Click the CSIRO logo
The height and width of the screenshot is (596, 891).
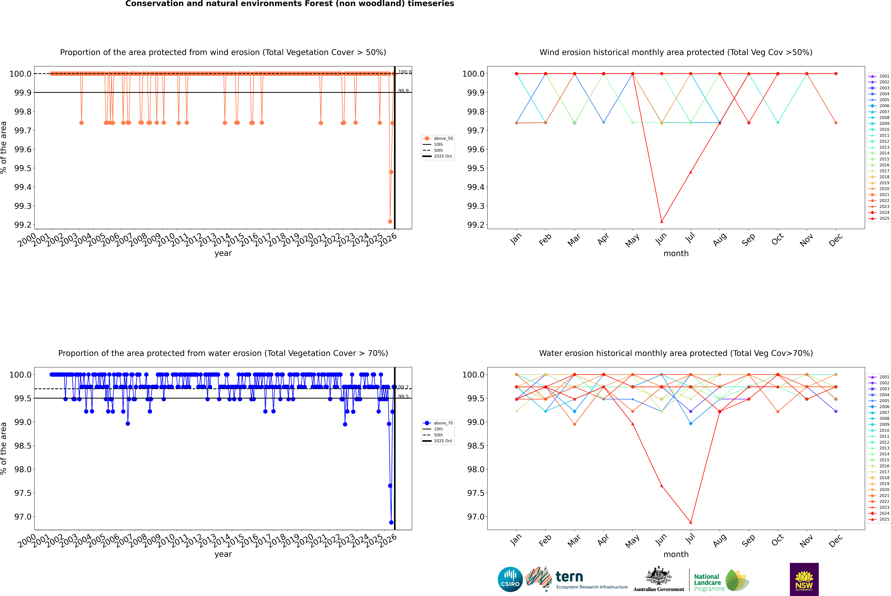pyautogui.click(x=510, y=579)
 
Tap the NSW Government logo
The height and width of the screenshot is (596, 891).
pyautogui.click(x=804, y=579)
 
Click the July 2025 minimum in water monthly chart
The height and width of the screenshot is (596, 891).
pyautogui.click(x=690, y=522)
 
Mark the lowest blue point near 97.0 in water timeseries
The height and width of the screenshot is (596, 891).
pyautogui.click(x=391, y=522)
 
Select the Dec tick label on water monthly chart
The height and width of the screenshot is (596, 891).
pyautogui.click(x=836, y=541)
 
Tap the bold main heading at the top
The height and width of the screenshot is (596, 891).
pyautogui.click(x=289, y=4)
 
